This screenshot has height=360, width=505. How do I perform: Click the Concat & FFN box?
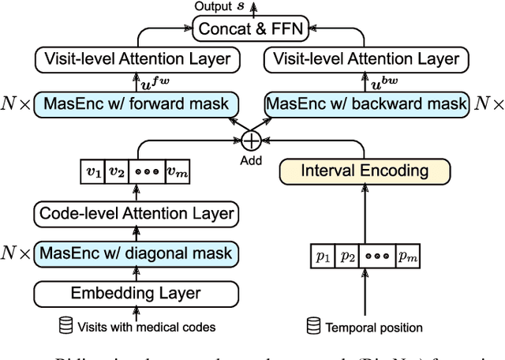[x=252, y=31]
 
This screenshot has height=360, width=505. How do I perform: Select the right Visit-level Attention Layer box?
[x=366, y=59]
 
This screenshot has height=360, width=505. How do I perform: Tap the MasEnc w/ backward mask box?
[x=367, y=103]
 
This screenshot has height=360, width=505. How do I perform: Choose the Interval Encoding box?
[x=365, y=171]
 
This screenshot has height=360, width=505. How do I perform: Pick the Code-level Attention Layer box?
[x=135, y=213]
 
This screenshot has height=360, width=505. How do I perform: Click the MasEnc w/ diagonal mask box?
[x=135, y=253]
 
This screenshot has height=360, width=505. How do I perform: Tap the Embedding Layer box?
[x=135, y=293]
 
